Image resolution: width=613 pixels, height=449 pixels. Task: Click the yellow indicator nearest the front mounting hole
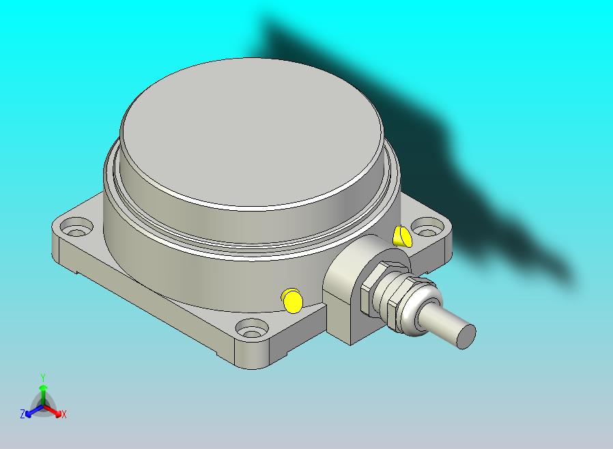(291, 300)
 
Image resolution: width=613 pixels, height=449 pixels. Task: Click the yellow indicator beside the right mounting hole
(402, 236)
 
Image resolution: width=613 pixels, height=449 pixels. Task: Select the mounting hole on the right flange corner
(428, 228)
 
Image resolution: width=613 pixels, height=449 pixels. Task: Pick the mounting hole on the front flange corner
(253, 328)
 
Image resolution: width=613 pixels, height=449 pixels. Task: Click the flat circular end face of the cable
(466, 336)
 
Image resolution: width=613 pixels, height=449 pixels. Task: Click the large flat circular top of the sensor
(252, 132)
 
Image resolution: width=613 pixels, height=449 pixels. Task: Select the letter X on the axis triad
(64, 415)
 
